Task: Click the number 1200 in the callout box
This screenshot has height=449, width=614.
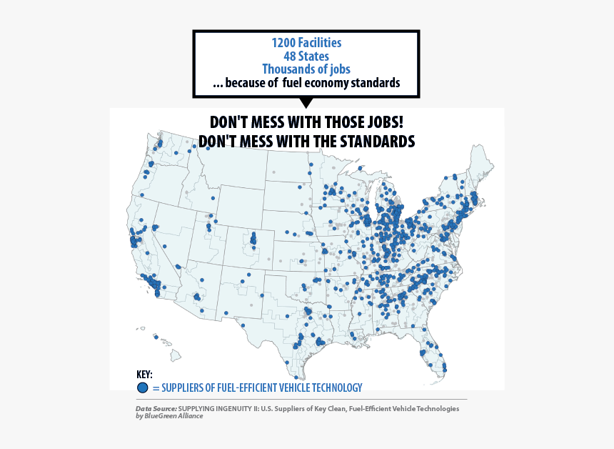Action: point(284,43)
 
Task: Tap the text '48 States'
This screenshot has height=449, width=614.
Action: point(306,56)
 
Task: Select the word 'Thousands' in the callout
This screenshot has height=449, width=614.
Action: point(289,69)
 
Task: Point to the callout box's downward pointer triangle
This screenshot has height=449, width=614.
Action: point(306,103)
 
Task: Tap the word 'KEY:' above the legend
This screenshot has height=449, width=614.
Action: point(144,375)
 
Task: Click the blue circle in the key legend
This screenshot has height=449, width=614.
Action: point(142,388)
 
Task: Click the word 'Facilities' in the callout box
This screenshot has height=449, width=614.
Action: point(320,43)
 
